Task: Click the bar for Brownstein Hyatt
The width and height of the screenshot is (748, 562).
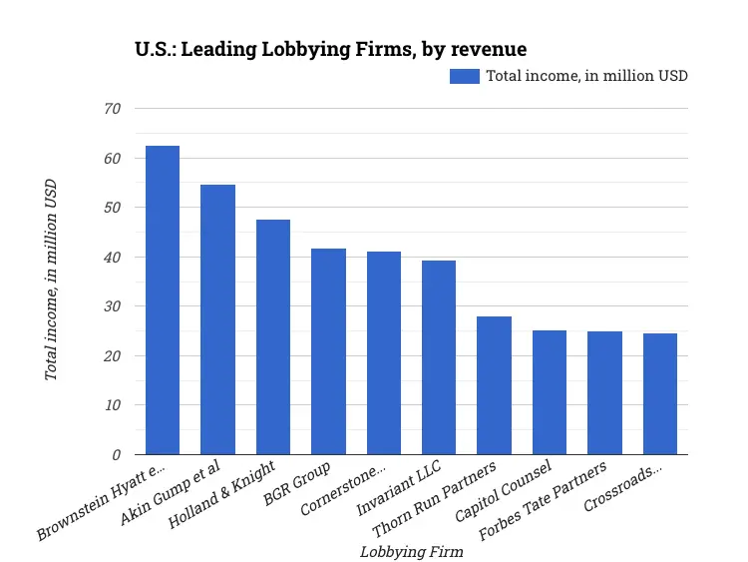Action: coord(163,300)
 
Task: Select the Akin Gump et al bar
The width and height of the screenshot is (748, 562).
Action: coord(217,319)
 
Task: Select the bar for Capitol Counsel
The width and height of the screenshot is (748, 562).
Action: coord(550,392)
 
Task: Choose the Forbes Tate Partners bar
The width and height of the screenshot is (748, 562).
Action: coord(604,393)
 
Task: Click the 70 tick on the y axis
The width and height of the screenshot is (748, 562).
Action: coord(112,109)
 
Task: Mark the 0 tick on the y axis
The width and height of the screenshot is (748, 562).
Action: coord(117,455)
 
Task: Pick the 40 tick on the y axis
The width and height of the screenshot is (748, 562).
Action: coord(112,258)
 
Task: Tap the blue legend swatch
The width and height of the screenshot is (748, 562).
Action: coord(465,76)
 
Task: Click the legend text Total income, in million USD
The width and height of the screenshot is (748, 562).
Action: coord(586,76)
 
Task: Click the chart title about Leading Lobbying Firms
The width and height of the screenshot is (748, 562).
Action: coord(330,48)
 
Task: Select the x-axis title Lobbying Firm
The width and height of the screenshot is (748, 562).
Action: coord(411,551)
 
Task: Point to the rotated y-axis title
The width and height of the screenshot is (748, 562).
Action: coord(51,280)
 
